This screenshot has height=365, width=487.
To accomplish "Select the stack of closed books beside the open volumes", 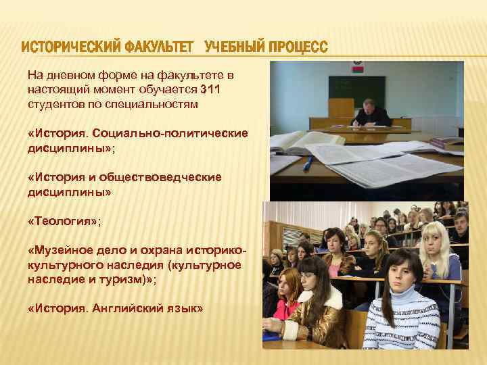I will point(447,141).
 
